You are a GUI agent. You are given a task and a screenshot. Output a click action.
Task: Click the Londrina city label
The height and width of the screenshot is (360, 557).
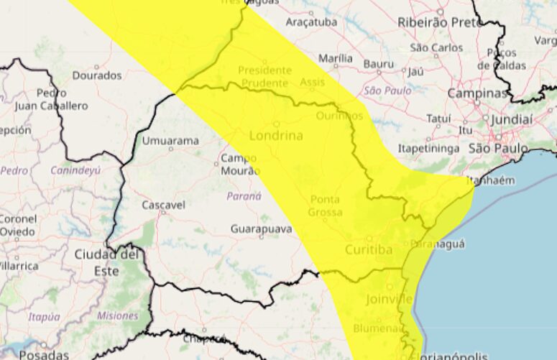click(276, 136)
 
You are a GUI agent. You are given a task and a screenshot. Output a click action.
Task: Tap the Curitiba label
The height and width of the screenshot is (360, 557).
click(369, 250)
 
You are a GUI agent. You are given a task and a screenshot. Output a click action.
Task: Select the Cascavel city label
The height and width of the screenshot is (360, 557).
click(163, 205)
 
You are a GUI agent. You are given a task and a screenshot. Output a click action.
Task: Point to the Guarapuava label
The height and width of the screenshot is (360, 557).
click(262, 229)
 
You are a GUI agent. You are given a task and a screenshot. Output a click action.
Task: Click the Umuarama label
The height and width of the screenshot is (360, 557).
click(170, 141)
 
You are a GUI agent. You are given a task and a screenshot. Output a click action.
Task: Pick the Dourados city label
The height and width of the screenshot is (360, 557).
click(97, 75)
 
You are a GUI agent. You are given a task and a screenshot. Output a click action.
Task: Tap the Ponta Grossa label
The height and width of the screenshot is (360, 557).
click(326, 206)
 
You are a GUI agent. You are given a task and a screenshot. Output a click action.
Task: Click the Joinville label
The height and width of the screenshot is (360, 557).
click(389, 298)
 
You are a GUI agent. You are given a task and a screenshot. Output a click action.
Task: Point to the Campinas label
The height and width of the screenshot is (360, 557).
click(477, 93)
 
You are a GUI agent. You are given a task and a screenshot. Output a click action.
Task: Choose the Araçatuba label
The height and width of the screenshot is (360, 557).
click(311, 22)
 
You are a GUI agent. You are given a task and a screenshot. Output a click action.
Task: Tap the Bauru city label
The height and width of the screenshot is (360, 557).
click(379, 64)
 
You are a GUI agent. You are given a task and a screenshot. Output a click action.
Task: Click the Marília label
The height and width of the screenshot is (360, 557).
click(336, 58)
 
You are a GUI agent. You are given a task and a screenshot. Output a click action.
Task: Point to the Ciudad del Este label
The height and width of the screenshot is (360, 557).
click(106, 262)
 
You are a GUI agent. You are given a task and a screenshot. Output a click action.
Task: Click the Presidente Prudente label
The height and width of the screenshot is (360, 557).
click(265, 77)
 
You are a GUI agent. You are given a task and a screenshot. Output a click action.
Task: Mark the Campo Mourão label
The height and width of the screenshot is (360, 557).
click(239, 164)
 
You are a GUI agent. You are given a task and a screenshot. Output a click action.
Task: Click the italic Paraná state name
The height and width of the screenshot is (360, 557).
click(244, 195)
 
